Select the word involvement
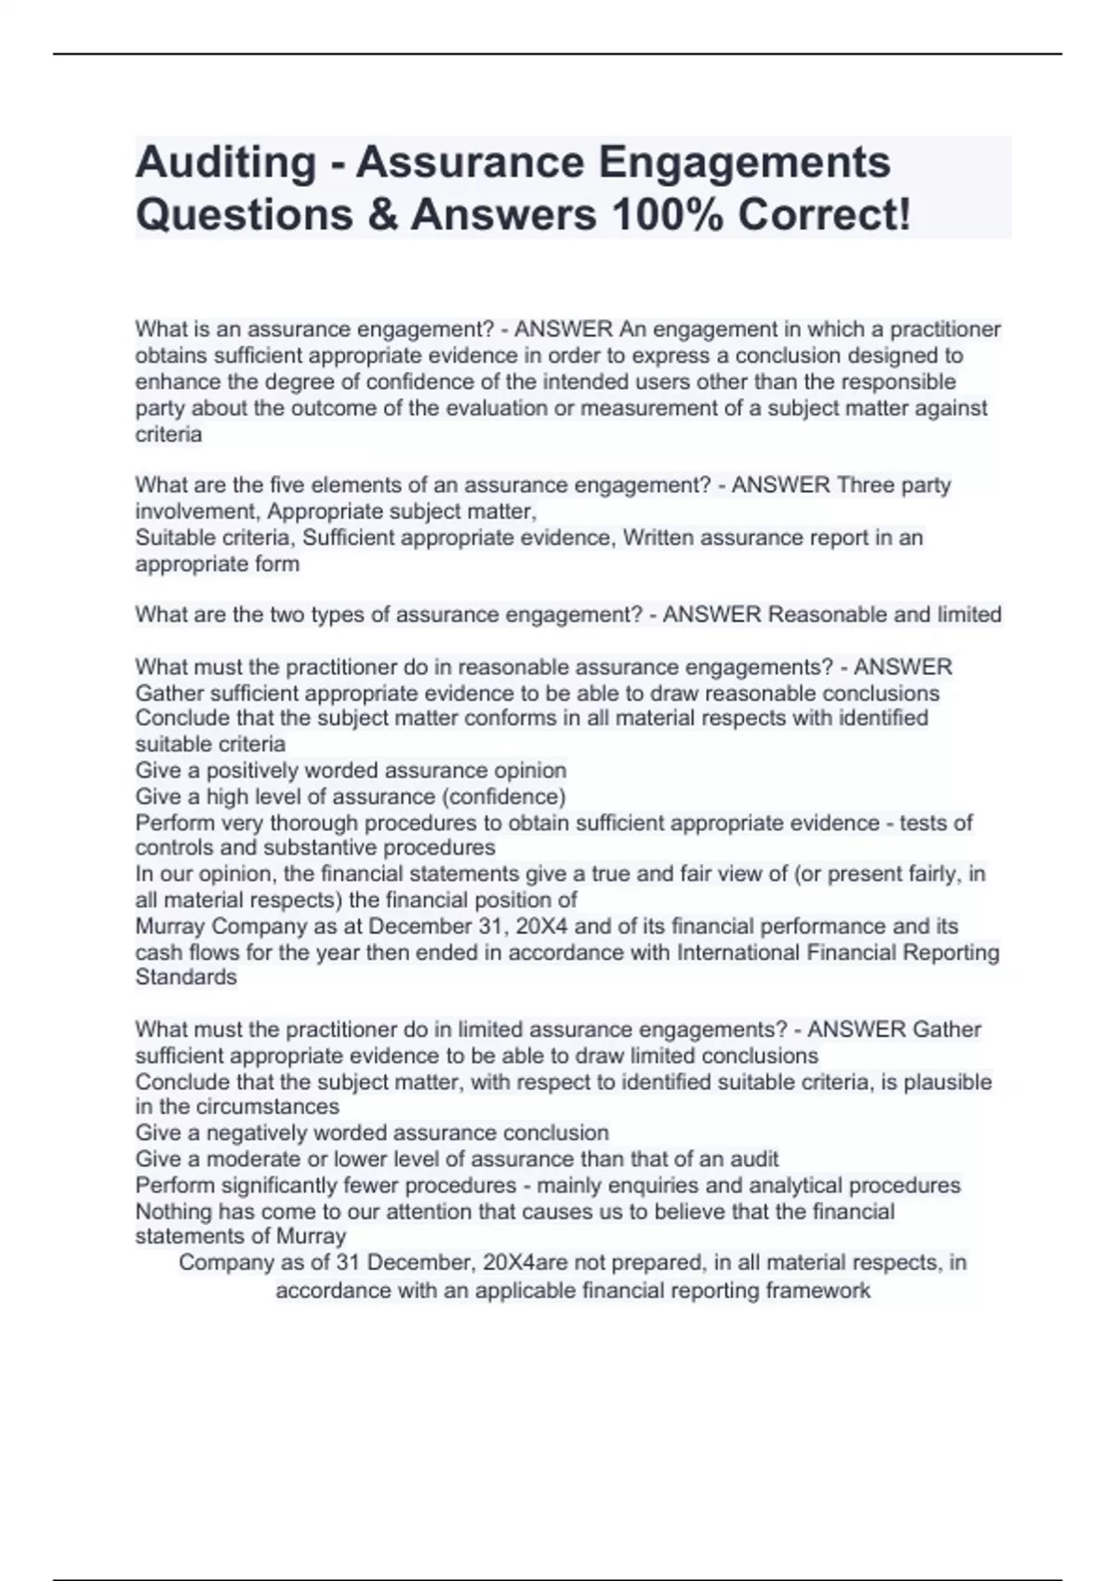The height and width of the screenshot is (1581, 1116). (195, 511)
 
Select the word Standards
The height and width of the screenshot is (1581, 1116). (186, 977)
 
